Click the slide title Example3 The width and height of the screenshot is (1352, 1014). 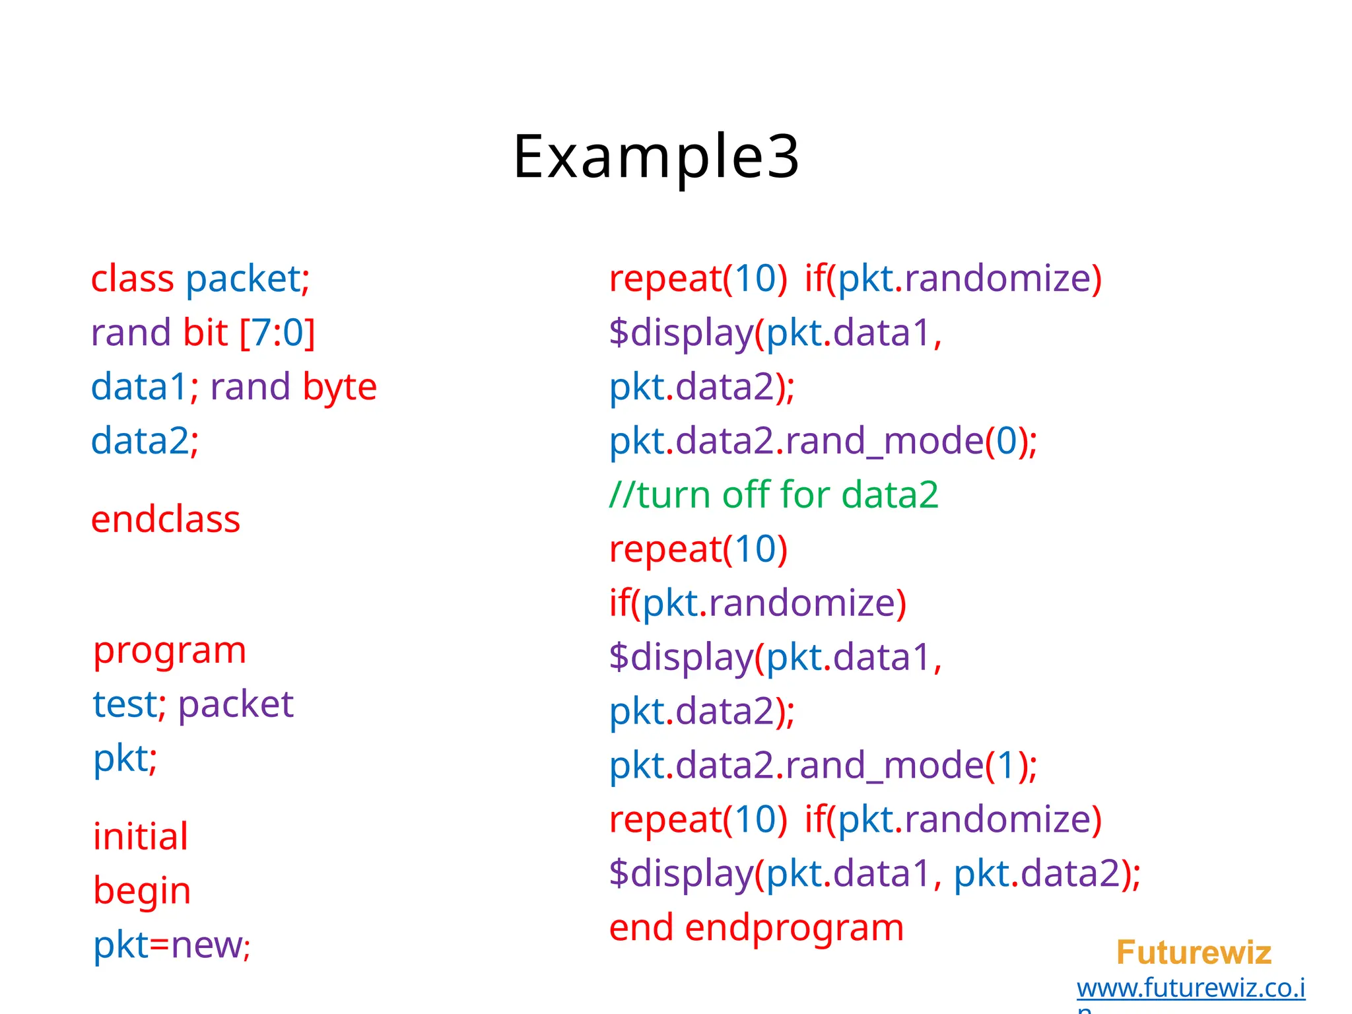656,157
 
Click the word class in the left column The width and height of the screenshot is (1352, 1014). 132,279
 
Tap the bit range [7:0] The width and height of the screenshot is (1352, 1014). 277,333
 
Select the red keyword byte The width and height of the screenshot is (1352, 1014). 340,388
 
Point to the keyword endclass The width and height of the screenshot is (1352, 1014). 166,520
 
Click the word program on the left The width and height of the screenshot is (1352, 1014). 170,651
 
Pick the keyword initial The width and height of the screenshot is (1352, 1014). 141,836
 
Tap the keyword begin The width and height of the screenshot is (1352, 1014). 142,891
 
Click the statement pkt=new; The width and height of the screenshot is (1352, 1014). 172,945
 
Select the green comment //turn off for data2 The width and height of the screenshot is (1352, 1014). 774,495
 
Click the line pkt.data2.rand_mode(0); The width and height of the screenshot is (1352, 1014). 823,441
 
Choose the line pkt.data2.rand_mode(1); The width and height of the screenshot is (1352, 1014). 823,766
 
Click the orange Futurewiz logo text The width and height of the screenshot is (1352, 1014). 1194,953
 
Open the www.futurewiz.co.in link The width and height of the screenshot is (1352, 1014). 1191,988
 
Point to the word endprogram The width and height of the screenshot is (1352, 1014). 794,928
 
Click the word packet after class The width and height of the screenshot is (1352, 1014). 243,279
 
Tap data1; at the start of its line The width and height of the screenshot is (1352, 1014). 145,388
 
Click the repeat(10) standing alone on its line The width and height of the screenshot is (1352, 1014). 698,549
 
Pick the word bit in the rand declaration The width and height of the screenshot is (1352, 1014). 205,333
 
